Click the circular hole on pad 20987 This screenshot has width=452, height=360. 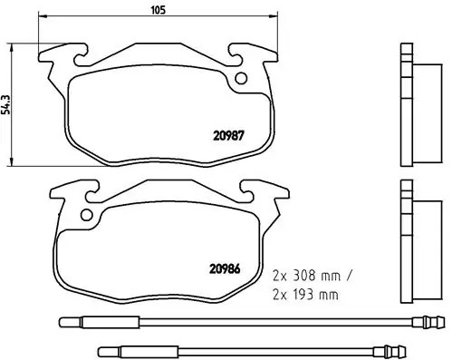(x=243, y=78)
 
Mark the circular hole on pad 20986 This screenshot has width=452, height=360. (x=87, y=216)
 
